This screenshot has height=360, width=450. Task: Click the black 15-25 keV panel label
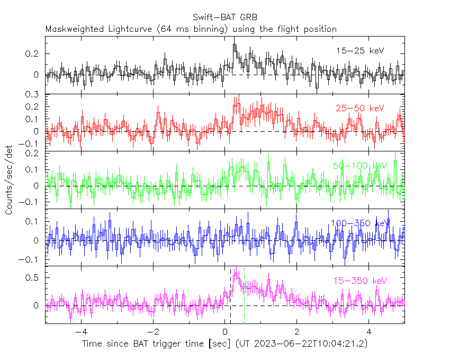[360, 51]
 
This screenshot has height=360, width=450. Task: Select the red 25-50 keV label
[360, 109]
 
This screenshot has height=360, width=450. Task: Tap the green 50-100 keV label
[360, 166]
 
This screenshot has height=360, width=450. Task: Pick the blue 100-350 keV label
[360, 223]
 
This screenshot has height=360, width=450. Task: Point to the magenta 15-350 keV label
[360, 280]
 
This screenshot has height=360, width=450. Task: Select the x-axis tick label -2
[152, 332]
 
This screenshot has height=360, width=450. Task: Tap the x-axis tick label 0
[224, 332]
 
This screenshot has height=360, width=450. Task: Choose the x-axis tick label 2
[296, 332]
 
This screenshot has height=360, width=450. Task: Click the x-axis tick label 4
[369, 332]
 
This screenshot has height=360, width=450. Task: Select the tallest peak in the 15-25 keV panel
[234, 46]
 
